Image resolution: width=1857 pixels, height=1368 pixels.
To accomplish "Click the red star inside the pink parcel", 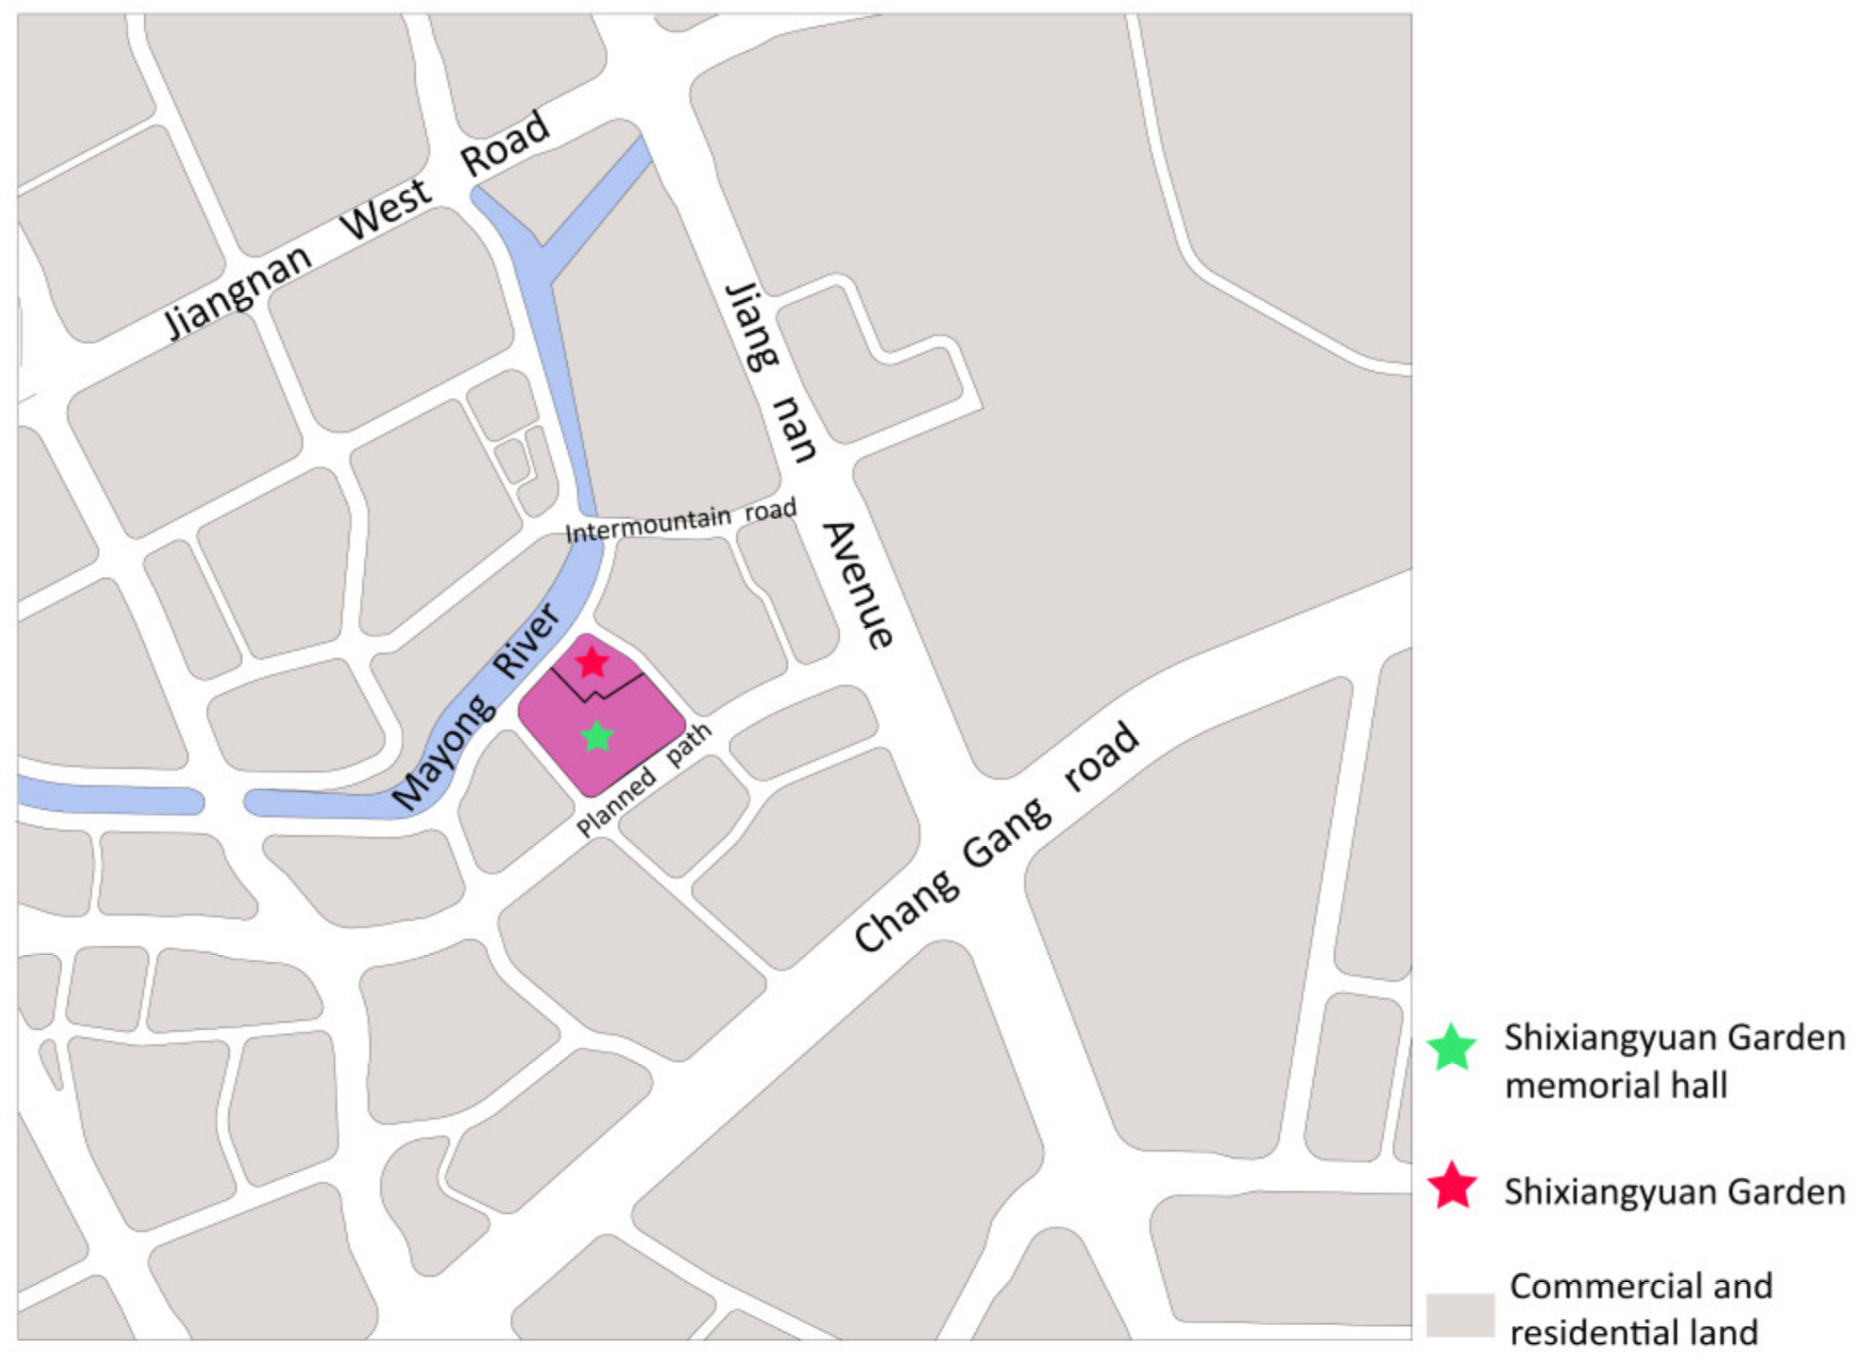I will tap(591, 663).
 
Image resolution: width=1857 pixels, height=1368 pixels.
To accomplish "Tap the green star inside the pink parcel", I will tap(597, 737).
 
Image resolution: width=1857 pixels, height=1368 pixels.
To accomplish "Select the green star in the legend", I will tap(1451, 1047).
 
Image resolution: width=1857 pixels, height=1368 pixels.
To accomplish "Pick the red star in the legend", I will tap(1451, 1186).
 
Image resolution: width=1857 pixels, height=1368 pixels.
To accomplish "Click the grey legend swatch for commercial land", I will tap(1459, 1314).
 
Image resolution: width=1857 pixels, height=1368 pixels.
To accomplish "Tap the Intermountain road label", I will tap(680, 521).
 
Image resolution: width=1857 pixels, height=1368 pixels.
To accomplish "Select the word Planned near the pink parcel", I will tap(615, 801).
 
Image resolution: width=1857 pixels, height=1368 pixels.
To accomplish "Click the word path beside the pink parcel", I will tap(689, 743).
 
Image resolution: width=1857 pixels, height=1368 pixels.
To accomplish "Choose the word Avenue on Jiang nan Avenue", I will tap(858, 585).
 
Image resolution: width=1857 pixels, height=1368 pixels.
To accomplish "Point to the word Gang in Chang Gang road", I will tap(1007, 832).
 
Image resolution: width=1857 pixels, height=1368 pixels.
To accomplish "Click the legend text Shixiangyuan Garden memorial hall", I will tap(1673, 1061).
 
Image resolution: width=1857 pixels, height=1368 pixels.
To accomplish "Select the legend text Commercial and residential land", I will tap(1640, 1309).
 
